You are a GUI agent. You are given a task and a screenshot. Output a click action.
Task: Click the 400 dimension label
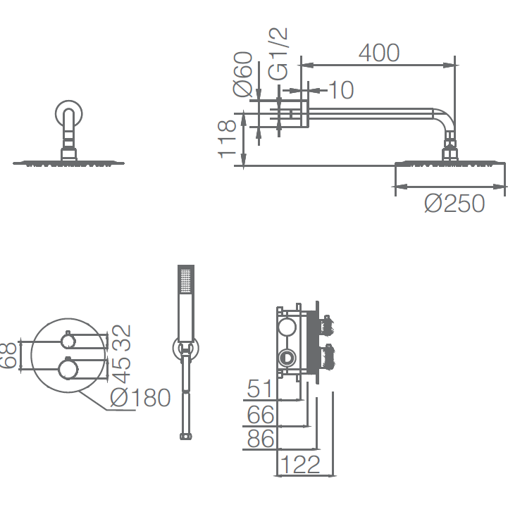(x=379, y=53)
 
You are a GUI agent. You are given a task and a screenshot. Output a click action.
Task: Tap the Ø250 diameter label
(x=454, y=204)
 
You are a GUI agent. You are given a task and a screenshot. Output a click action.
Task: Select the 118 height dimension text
(x=227, y=139)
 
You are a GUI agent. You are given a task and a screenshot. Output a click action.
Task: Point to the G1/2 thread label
(x=278, y=54)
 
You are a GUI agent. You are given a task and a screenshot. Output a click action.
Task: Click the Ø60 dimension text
(x=242, y=74)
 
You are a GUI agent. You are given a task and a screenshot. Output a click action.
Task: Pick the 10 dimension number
(x=341, y=90)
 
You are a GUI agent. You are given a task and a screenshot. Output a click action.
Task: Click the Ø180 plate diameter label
(x=140, y=397)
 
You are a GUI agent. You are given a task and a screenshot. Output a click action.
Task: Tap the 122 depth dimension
(x=300, y=464)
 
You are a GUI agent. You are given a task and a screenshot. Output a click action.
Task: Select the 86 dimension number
(x=261, y=439)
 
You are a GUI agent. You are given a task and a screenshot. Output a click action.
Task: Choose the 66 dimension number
(x=261, y=415)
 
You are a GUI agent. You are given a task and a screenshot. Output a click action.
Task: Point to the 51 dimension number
(x=259, y=389)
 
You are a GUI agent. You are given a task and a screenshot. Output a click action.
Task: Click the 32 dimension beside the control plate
(x=121, y=338)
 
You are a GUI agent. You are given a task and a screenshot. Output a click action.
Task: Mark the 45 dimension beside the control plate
(x=121, y=370)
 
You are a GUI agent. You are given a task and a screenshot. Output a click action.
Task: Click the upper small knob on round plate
(x=68, y=341)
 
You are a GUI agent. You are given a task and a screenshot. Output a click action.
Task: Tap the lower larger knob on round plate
(x=68, y=368)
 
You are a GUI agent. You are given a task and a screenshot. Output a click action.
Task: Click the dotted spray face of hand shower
(x=186, y=280)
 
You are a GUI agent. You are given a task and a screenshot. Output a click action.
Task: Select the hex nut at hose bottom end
(x=185, y=436)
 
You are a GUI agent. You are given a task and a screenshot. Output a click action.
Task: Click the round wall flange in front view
(x=68, y=113)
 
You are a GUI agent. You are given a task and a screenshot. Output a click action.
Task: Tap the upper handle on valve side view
(x=327, y=325)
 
